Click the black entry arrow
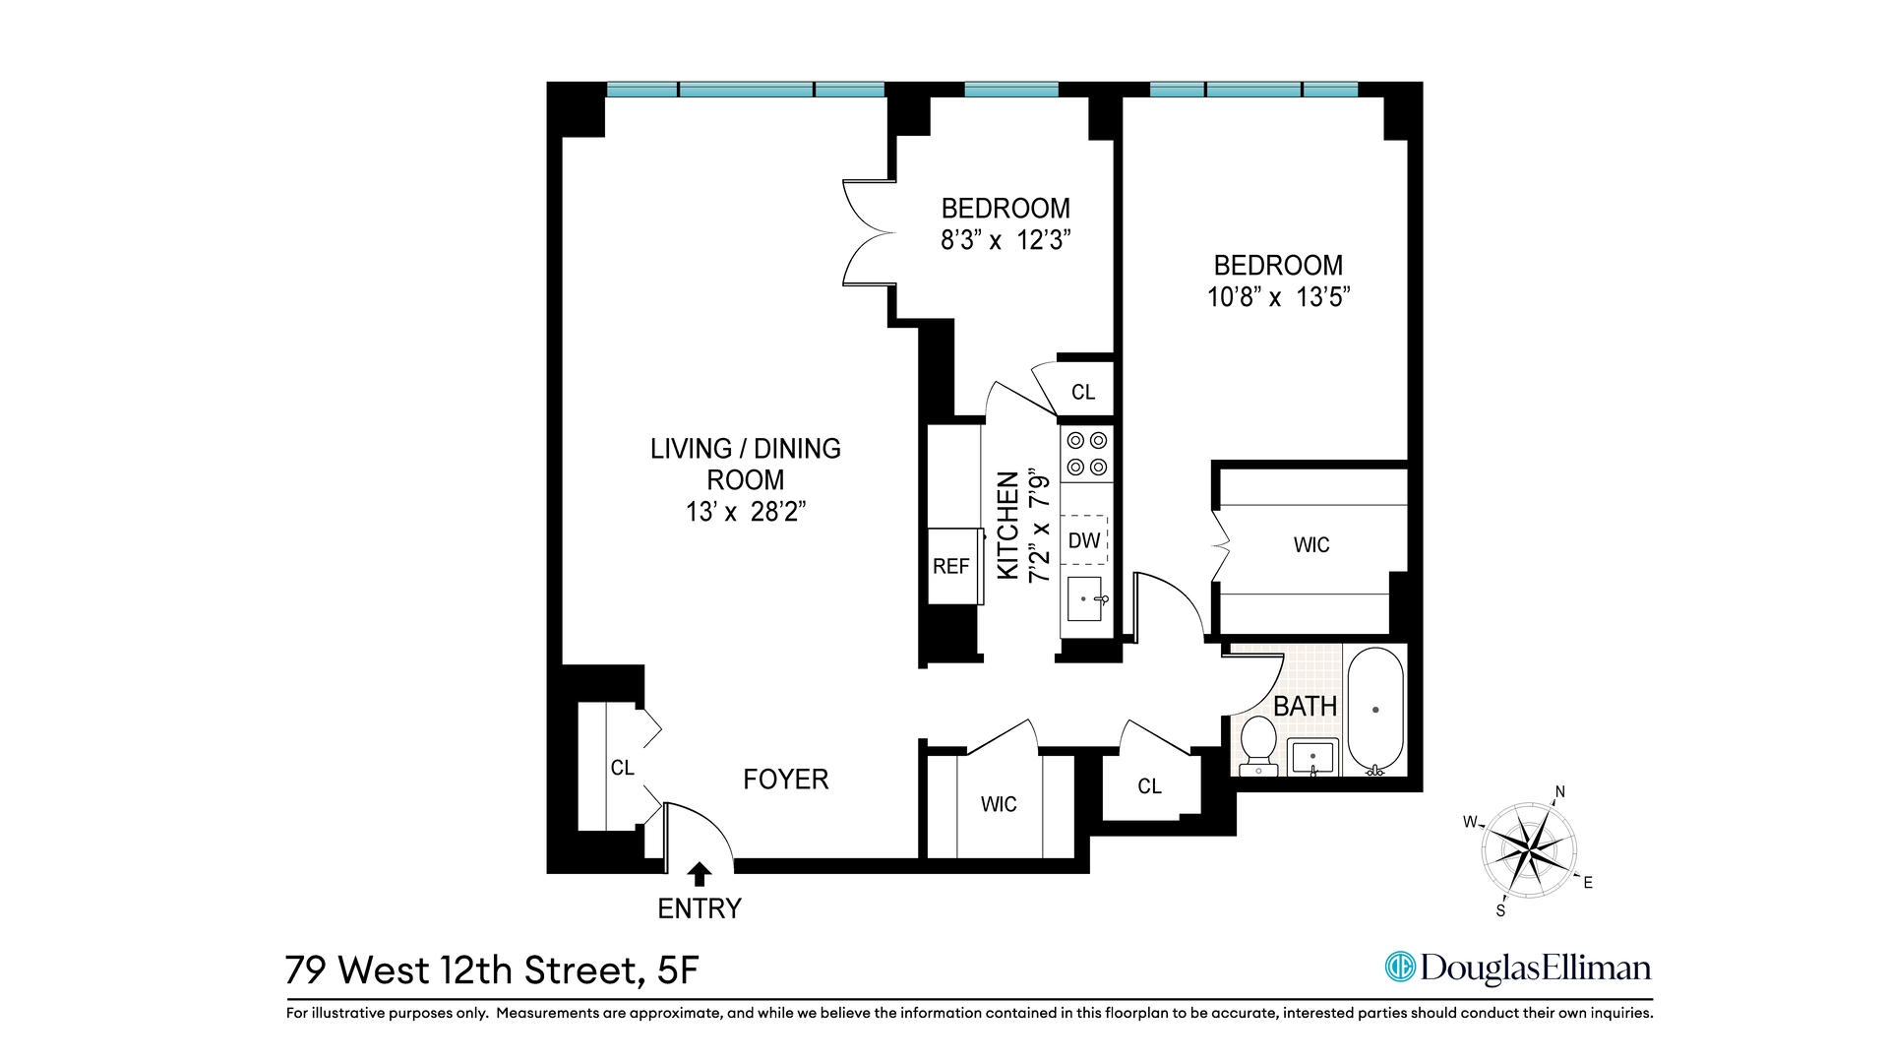tap(700, 874)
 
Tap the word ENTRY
tap(700, 908)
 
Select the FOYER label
tap(785, 780)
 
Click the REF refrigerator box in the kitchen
tap(951, 567)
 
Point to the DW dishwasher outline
tap(1084, 540)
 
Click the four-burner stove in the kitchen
tap(1087, 454)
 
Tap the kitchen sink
tap(1084, 599)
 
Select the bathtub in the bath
tap(1375, 710)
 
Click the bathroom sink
tap(1312, 758)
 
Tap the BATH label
tap(1305, 707)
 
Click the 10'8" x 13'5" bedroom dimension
tap(1278, 297)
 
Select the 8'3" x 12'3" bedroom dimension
tap(1005, 240)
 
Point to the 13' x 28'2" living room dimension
tap(746, 512)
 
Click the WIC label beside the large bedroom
tap(1311, 545)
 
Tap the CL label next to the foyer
tap(622, 768)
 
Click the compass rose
tap(1530, 849)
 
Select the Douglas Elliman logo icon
tap(1399, 968)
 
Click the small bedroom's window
tap(1011, 90)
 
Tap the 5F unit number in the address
tap(677, 970)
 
